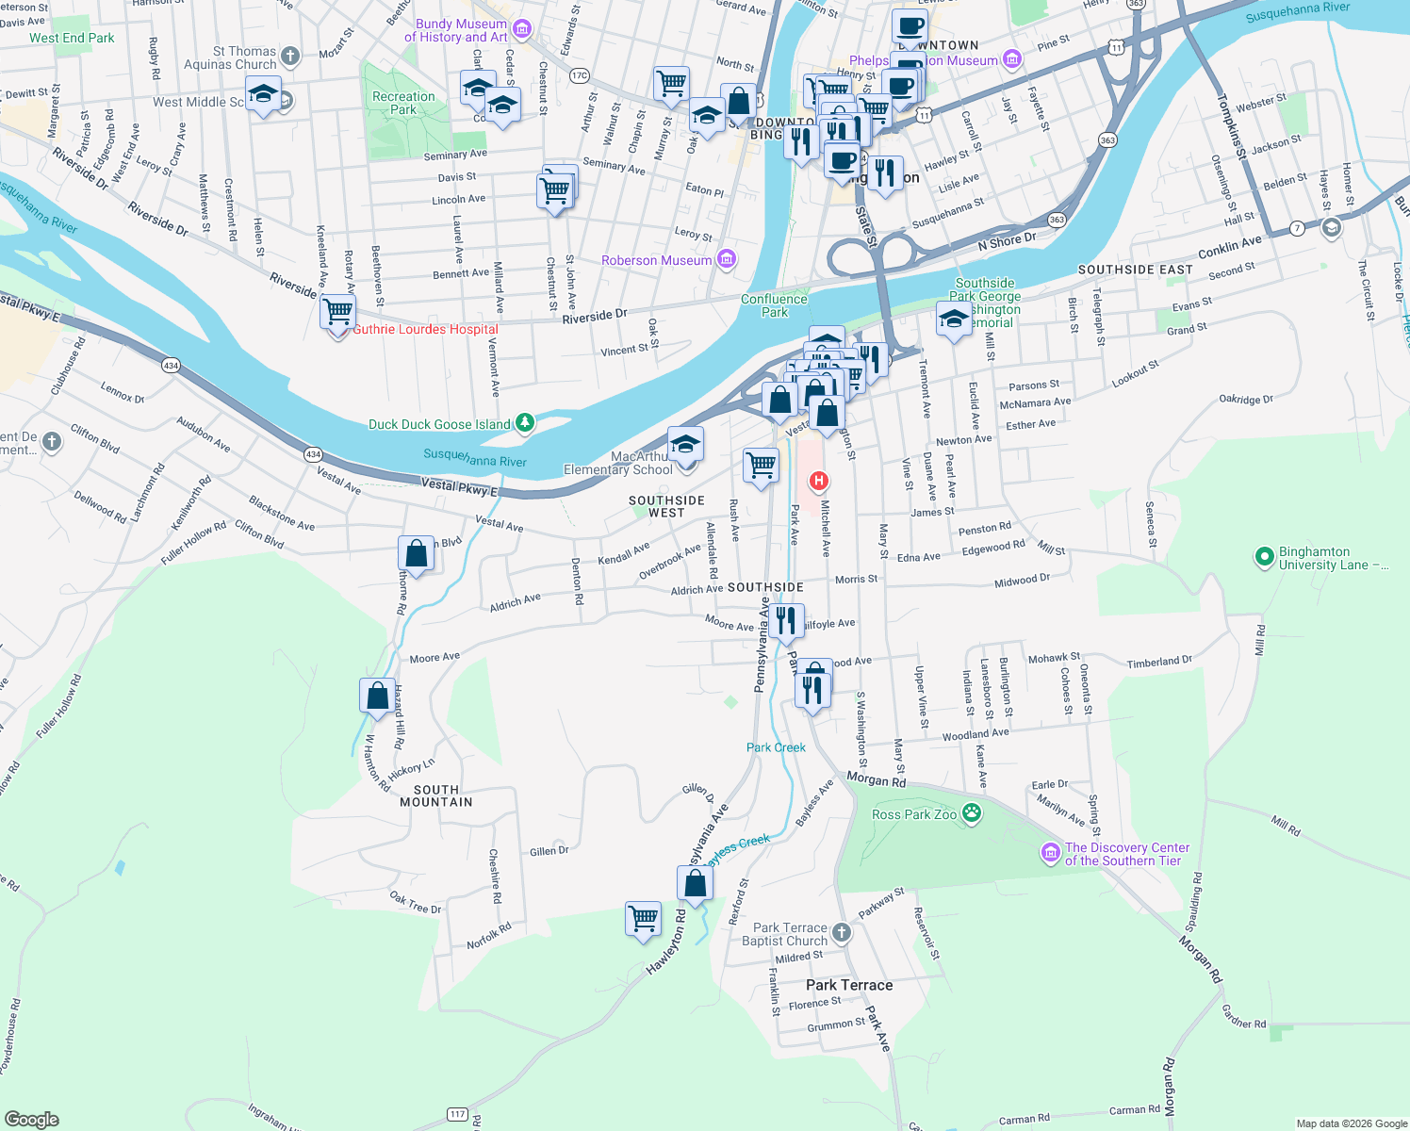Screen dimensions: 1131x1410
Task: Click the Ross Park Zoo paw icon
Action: pyautogui.click(x=972, y=813)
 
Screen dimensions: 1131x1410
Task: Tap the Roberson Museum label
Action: pyautogui.click(x=656, y=260)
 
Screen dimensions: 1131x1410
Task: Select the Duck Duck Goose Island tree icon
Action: pyautogui.click(x=526, y=424)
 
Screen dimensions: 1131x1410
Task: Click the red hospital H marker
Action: pyautogui.click(x=819, y=482)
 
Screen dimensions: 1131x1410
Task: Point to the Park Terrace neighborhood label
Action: pyautogui.click(x=848, y=985)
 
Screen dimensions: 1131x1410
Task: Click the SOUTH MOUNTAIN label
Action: pyautogui.click(x=435, y=795)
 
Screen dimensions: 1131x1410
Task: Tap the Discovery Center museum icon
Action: pyautogui.click(x=1050, y=853)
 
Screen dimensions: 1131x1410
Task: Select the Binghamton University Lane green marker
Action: pyautogui.click(x=1264, y=558)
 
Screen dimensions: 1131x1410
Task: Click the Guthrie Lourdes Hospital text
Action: pyautogui.click(x=425, y=329)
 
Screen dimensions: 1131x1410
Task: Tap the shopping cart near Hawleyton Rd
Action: pyautogui.click(x=644, y=917)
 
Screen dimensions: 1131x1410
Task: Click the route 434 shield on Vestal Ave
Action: pyautogui.click(x=313, y=454)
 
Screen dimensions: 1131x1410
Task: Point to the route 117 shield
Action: pyautogui.click(x=457, y=1114)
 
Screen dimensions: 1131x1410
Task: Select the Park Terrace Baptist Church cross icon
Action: pyautogui.click(x=841, y=933)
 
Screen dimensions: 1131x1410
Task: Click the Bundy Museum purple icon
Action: pyautogui.click(x=522, y=29)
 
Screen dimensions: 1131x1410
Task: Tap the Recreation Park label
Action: pyautogui.click(x=403, y=103)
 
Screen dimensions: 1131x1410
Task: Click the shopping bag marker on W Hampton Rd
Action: pyautogui.click(x=377, y=696)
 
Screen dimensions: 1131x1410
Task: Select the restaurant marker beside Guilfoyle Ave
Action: pyautogui.click(x=786, y=620)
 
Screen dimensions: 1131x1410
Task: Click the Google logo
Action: pyautogui.click(x=31, y=1119)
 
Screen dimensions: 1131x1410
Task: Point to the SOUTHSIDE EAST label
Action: pyautogui.click(x=1135, y=270)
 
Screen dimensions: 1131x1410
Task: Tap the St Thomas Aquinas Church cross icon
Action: pyautogui.click(x=290, y=57)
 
